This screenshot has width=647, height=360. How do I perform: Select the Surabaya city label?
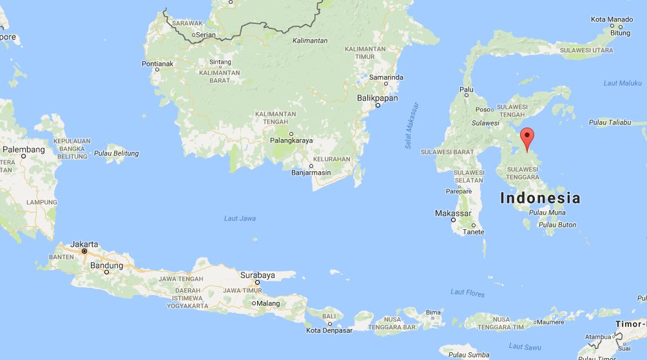click(258, 275)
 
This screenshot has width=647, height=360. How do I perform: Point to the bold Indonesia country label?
click(540, 198)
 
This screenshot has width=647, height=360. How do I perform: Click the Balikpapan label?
click(377, 98)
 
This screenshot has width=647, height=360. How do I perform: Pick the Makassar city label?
click(453, 213)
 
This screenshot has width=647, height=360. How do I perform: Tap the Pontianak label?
click(158, 64)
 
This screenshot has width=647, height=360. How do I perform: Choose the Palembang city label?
click(23, 149)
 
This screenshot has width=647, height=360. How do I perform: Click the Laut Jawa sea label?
click(240, 218)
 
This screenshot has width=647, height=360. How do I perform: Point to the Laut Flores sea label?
click(467, 292)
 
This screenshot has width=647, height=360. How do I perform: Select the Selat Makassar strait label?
click(411, 126)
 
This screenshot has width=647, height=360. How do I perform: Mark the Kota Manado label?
click(611, 19)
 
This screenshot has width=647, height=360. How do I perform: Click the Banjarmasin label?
click(311, 172)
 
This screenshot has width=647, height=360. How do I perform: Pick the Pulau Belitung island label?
click(116, 153)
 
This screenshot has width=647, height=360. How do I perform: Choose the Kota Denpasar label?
click(329, 330)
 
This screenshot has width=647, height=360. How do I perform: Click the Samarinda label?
click(386, 77)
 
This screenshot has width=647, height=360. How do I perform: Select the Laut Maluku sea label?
click(623, 83)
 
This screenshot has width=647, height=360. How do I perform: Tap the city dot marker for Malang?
click(255, 303)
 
